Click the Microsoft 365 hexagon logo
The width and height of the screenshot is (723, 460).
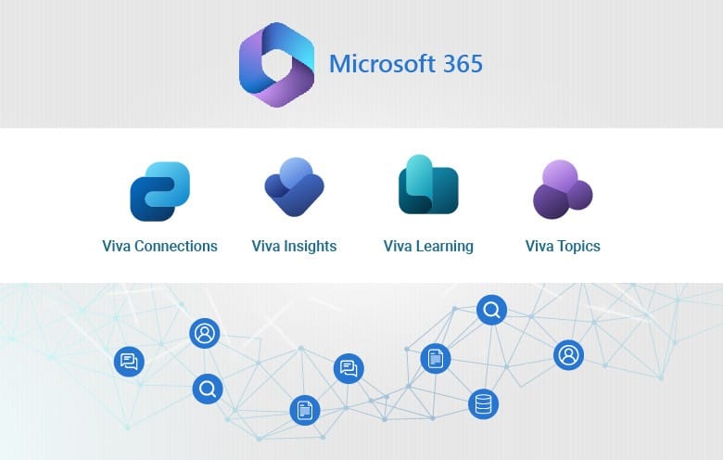276,64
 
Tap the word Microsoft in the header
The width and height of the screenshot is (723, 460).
381,65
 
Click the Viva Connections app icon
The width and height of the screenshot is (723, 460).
159,191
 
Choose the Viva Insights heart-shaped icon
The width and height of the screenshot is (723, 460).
294,187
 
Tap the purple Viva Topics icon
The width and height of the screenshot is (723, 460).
562,189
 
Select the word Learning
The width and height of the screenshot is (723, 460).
444,247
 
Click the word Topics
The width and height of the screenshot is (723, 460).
579,247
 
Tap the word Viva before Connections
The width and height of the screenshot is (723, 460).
118,247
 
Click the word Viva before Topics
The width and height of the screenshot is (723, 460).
540,247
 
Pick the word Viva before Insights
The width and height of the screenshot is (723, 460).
267,247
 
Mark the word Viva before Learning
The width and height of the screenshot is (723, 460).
399,247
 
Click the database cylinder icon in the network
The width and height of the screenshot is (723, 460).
483,403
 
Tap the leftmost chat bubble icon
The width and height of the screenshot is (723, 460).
129,362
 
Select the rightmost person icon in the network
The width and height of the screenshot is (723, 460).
568,354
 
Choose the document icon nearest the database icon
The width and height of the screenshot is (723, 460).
435,358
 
